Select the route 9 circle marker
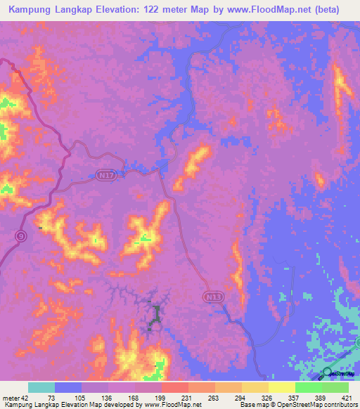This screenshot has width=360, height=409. [x=20, y=235]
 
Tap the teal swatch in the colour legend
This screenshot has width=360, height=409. [x=41, y=387]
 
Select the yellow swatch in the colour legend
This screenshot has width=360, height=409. [x=282, y=387]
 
